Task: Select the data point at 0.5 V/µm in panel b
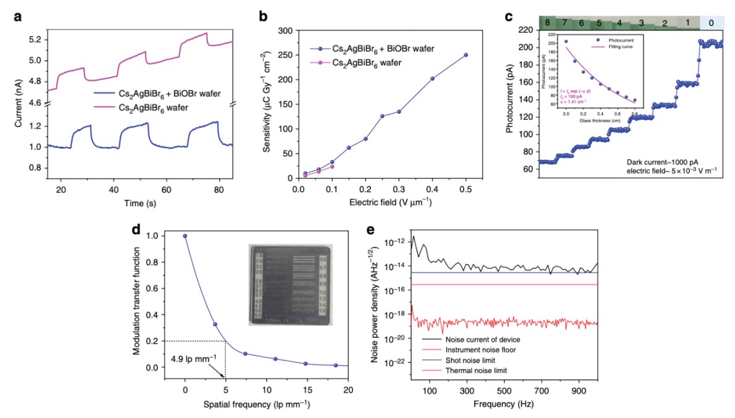point(465,55)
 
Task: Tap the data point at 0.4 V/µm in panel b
point(432,78)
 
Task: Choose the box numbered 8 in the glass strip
point(547,23)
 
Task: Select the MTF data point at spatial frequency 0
point(185,236)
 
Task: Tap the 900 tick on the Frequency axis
point(579,391)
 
